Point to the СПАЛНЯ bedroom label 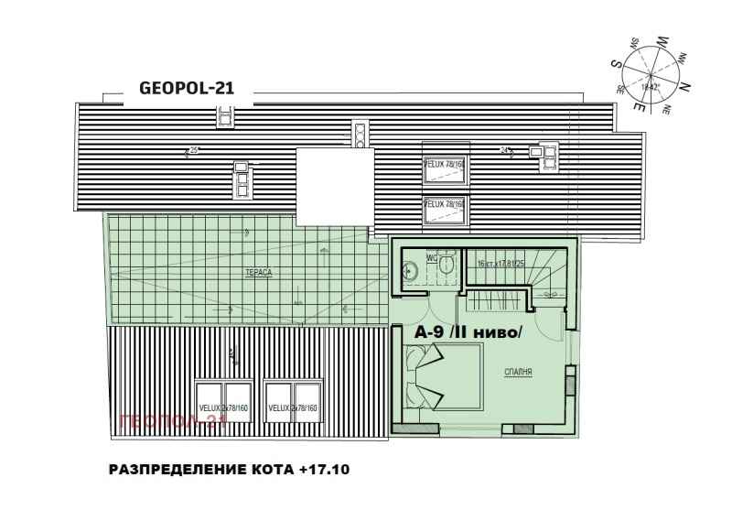click(519, 373)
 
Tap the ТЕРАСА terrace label click(255, 274)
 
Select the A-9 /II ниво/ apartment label click(467, 333)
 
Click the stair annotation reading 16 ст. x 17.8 click(494, 264)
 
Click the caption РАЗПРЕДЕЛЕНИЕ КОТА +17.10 click(229, 471)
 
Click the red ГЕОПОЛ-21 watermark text click(173, 421)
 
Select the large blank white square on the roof click(336, 183)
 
